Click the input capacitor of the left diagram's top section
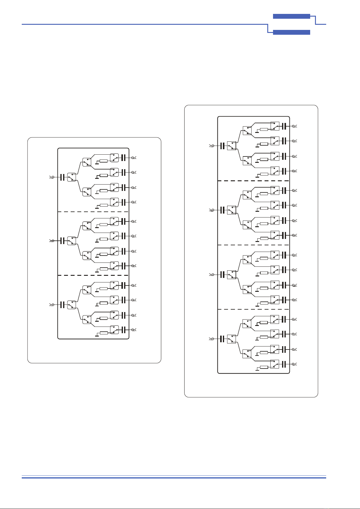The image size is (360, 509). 63,177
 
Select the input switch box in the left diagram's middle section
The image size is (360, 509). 72,241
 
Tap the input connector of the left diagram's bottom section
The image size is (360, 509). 52,305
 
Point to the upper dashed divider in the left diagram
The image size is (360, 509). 93,212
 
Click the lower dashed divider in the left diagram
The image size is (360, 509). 93,275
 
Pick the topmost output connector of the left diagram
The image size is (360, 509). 134,158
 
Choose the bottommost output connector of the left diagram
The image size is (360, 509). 134,330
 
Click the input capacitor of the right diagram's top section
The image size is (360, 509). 223,146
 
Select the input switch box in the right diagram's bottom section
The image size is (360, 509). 231,339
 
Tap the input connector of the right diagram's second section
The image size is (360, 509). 212,210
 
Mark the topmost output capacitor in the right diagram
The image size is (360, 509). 284,126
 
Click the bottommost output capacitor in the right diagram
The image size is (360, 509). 284,364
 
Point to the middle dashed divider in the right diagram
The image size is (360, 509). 254,245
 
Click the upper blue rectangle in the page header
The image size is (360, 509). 291,16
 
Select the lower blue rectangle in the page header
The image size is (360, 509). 291,32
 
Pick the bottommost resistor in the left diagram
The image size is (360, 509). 104,333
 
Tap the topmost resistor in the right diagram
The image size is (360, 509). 264,129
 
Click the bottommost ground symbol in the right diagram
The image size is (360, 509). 257,369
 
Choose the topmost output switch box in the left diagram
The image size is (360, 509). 114,158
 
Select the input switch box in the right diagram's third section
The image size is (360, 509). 231,275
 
